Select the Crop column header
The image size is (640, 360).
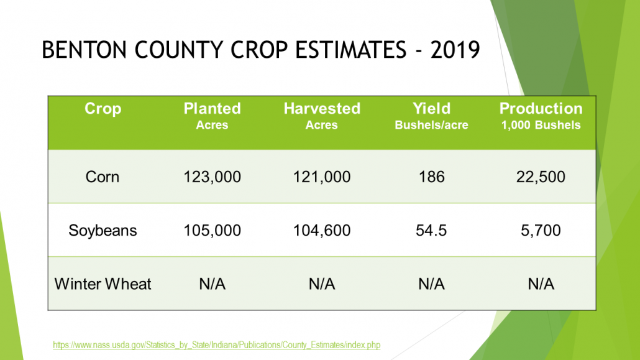(103, 109)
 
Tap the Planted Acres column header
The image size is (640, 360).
(212, 116)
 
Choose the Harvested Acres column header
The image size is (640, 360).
(321, 116)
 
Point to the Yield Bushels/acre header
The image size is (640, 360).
(431, 116)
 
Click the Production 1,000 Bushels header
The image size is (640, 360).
(541, 116)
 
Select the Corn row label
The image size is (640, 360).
(103, 177)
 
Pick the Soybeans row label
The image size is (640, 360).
(103, 231)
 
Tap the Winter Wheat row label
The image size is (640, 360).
(103, 284)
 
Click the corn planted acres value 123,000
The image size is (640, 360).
(212, 177)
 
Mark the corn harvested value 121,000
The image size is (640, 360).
(321, 177)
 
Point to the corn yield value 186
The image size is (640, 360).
(431, 177)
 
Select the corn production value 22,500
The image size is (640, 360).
(541, 177)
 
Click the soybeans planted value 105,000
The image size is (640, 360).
(212, 231)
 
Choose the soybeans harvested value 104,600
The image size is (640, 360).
(321, 231)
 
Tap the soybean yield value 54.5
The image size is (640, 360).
(431, 231)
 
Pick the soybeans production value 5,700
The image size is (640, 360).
(541, 231)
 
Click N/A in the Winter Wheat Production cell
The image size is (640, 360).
(541, 284)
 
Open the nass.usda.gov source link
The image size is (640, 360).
(216, 344)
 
